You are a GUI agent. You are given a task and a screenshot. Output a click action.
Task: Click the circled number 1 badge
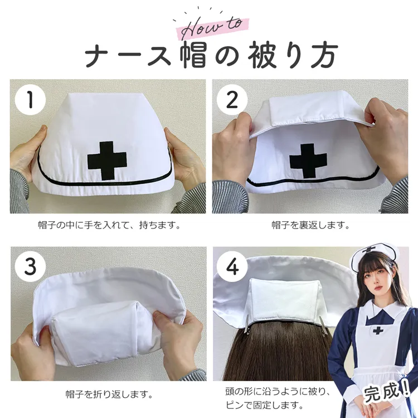(30, 100)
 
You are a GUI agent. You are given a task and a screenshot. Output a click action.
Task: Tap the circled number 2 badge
(232, 100)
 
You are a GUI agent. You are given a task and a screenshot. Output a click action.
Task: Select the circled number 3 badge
(30, 267)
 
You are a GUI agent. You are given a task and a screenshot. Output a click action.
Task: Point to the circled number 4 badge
(232, 267)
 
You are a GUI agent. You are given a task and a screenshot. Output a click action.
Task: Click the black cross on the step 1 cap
(107, 160)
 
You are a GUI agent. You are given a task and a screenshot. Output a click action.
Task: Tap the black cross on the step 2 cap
(308, 161)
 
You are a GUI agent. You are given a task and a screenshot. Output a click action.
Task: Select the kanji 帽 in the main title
(193, 54)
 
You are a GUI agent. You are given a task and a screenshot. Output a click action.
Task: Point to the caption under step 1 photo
(110, 225)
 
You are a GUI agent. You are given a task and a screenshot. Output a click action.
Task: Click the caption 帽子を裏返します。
(310, 225)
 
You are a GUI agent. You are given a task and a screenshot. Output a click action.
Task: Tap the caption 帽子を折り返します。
(109, 393)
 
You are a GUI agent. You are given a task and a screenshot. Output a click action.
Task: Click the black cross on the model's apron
(378, 331)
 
